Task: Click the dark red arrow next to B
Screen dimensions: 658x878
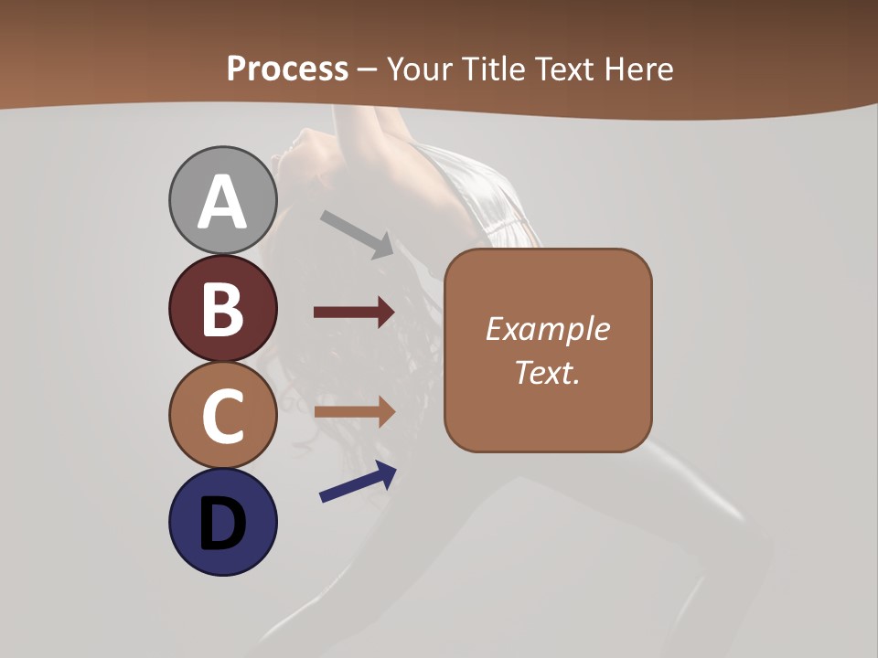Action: (x=354, y=313)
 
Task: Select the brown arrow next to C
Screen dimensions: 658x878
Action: (x=354, y=411)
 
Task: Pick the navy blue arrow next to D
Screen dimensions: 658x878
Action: (x=358, y=482)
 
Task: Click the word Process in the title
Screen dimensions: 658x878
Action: (x=287, y=69)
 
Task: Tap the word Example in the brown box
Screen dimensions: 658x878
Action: (x=547, y=329)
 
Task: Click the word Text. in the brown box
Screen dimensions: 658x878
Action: (x=547, y=372)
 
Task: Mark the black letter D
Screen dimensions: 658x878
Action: (x=222, y=525)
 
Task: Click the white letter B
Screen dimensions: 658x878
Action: (x=222, y=310)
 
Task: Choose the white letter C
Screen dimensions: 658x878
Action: (x=222, y=417)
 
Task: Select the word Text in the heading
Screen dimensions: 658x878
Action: (x=565, y=69)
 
